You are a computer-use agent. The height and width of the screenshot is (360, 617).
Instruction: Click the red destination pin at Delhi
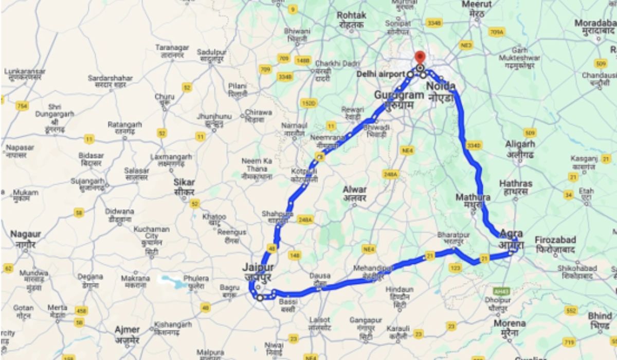420,57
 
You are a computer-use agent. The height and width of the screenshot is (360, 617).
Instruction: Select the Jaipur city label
258,267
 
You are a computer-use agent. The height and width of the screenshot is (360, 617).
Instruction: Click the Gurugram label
398,95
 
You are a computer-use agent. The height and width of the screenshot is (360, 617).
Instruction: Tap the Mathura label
473,197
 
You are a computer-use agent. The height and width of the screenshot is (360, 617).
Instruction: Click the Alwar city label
355,189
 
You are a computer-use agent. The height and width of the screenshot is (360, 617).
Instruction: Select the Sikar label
184,182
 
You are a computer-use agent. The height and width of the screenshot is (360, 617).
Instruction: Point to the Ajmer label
127,330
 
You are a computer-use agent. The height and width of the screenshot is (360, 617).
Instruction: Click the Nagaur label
25,235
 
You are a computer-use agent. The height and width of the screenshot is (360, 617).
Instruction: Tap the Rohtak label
352,15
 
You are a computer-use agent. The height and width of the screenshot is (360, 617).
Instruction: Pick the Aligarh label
520,145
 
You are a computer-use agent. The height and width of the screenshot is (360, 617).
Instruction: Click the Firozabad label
555,240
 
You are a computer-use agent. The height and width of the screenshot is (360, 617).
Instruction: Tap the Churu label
165,96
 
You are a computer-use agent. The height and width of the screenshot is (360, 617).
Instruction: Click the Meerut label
477,5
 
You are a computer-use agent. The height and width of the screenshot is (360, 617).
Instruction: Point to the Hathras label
514,184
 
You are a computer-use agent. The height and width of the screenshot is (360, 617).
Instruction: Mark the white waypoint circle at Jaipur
260,297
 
